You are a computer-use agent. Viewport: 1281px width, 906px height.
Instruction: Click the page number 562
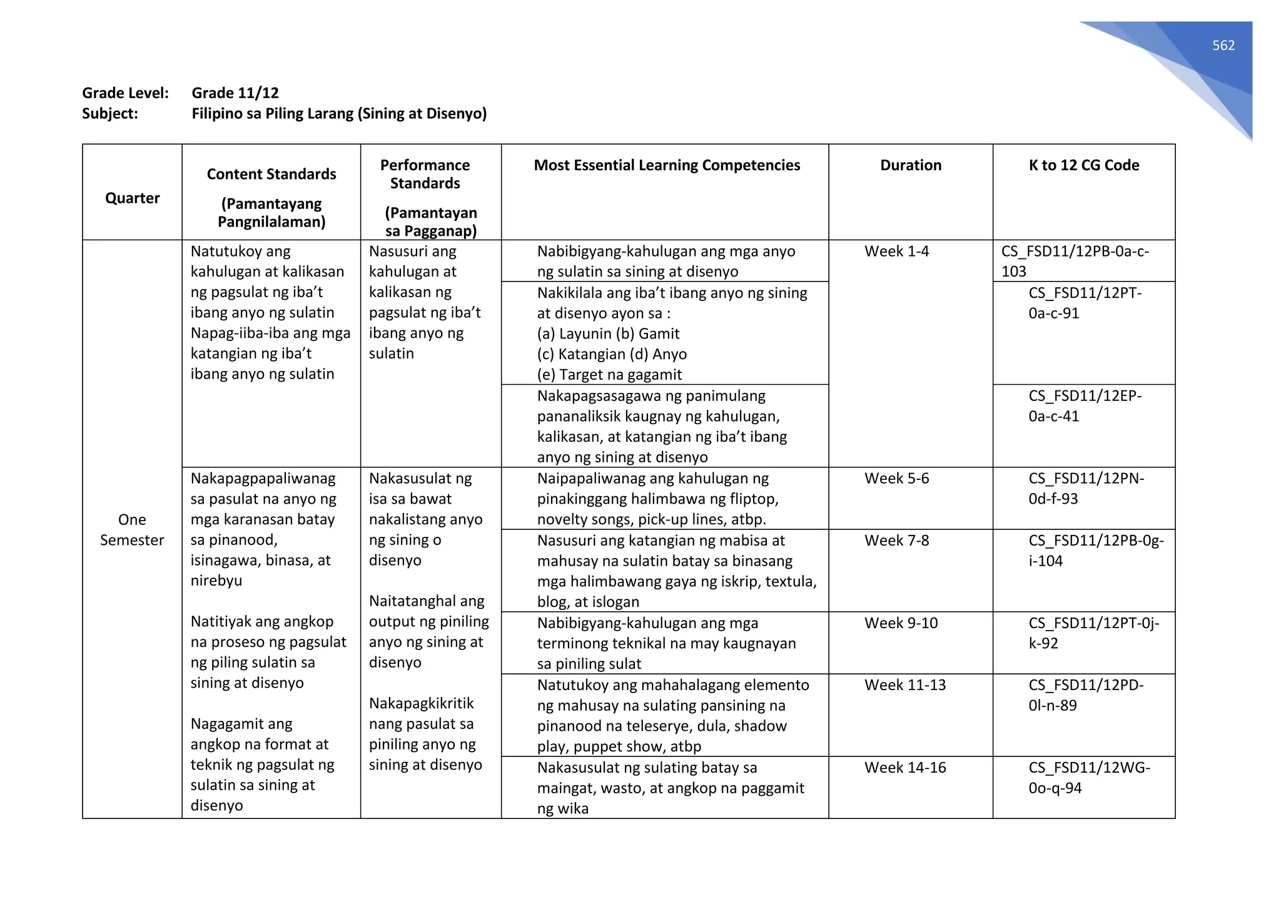tap(1223, 45)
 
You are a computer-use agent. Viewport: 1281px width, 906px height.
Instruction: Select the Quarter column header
tap(132, 198)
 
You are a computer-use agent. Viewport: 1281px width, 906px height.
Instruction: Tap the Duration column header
tap(910, 165)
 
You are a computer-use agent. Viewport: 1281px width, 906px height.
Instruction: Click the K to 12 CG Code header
tap(1083, 165)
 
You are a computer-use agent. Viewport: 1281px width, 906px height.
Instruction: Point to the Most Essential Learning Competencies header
tap(666, 165)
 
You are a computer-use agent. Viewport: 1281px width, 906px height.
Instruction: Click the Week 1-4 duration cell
tap(896, 252)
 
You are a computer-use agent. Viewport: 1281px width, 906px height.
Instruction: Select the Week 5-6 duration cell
tap(896, 479)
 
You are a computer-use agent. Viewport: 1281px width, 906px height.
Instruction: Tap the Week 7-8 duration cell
tap(896, 541)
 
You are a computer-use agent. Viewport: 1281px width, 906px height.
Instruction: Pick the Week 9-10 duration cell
tap(901, 623)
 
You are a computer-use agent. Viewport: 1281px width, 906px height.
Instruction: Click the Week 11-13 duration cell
tap(904, 685)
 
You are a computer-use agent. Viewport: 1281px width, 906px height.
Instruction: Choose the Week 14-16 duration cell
tap(904, 768)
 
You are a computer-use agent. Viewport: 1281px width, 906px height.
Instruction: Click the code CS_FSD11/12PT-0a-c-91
tap(1084, 303)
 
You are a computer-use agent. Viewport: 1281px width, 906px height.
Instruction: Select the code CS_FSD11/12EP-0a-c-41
tap(1084, 406)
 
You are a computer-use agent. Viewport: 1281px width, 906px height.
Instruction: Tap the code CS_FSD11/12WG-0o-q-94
tap(1088, 778)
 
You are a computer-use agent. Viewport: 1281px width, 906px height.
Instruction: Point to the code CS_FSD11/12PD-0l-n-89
tap(1085, 695)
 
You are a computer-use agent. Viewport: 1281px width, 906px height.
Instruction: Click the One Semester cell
tap(132, 530)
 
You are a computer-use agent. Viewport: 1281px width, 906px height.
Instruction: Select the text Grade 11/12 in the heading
tap(235, 93)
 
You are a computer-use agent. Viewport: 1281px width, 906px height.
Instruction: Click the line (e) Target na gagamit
tap(609, 375)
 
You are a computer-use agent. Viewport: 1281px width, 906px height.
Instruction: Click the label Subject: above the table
tap(110, 114)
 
